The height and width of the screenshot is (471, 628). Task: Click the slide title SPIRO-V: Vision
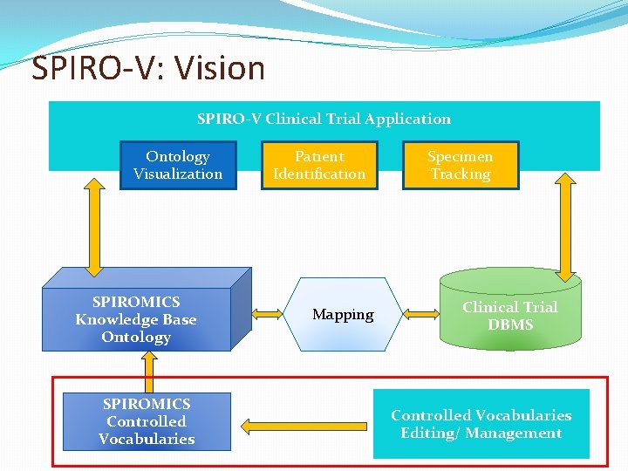click(x=148, y=68)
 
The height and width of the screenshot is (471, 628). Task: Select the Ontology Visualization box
click(x=178, y=165)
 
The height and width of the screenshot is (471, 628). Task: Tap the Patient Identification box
click(x=319, y=165)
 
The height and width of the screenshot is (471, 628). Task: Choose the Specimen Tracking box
click(x=460, y=165)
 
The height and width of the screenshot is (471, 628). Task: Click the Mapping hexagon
click(x=343, y=314)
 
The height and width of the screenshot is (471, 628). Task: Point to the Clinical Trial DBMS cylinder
click(x=510, y=315)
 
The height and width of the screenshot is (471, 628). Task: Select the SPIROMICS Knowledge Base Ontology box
click(x=136, y=319)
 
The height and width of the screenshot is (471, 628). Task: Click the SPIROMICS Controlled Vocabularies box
click(x=147, y=421)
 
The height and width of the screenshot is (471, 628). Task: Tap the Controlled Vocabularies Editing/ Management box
click(x=481, y=424)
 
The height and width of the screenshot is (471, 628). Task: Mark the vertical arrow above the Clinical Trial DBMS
click(x=566, y=227)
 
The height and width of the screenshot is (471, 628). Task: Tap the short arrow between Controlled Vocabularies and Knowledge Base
click(x=148, y=372)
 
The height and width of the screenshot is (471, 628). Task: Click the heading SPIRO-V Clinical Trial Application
click(x=324, y=119)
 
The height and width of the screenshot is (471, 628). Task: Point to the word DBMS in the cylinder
click(x=510, y=324)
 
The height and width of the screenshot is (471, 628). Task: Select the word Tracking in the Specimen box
click(x=460, y=174)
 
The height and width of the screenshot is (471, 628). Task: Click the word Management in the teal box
click(x=515, y=433)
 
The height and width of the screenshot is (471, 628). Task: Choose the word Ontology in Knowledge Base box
click(x=136, y=338)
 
